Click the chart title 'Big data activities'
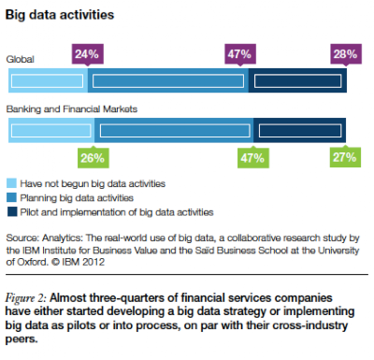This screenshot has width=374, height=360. point(60,15)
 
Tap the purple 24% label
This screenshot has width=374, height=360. point(88,54)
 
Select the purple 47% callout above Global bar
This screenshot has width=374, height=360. point(240,54)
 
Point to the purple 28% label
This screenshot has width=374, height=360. point(346,54)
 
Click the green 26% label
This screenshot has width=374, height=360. point(93,158)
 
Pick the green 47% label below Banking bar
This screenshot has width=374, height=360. point(253,158)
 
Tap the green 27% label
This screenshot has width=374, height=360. point(345,157)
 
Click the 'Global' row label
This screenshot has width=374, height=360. point(21,59)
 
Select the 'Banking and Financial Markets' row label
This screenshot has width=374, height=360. point(72,109)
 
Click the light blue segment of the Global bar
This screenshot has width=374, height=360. point(48,80)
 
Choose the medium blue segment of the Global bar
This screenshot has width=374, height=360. point(168,80)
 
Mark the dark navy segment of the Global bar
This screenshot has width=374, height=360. point(297,80)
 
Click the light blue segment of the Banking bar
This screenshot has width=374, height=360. point(51,130)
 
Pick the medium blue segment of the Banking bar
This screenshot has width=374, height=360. point(174,130)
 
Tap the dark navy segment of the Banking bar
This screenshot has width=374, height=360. point(300,130)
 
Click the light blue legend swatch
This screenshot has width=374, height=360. point(11,183)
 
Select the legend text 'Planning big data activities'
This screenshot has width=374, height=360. point(77,198)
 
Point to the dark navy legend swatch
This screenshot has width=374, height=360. point(11,212)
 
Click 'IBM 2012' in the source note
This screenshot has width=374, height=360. point(83,262)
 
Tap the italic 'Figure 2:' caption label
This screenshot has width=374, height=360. point(25,298)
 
